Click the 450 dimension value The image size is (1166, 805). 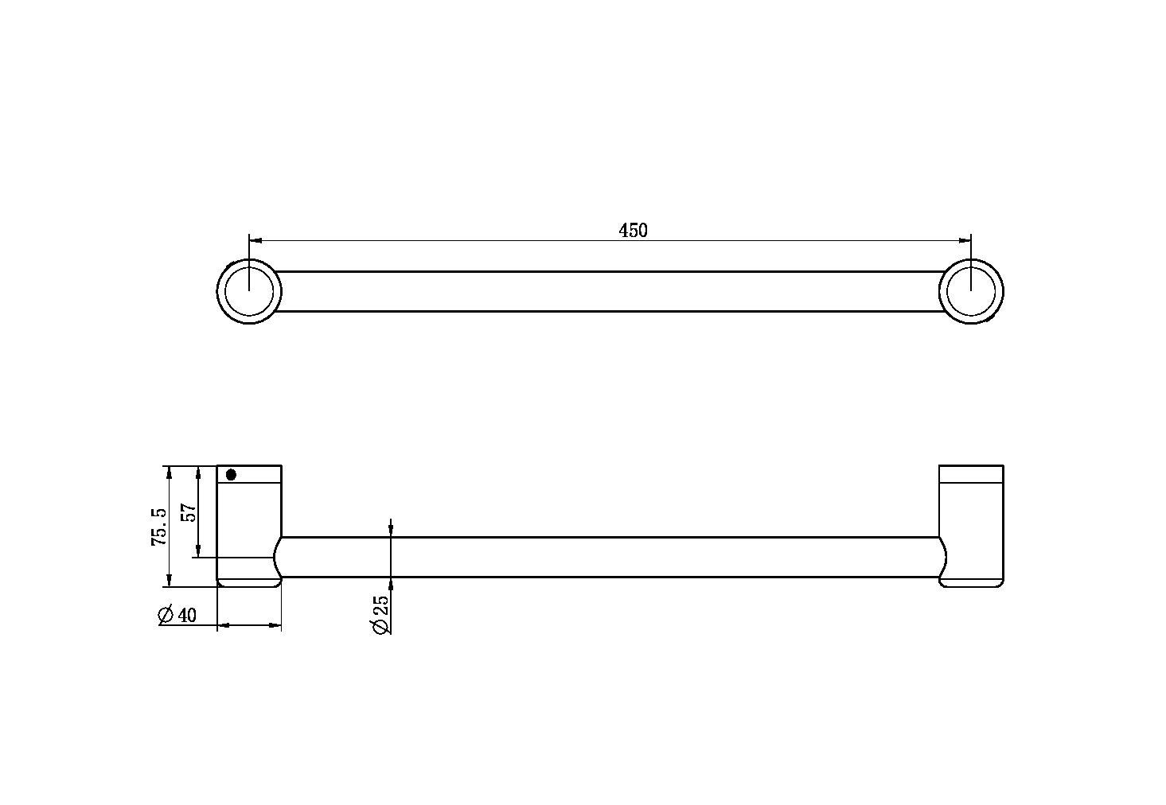tap(633, 231)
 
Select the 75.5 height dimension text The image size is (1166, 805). tap(159, 526)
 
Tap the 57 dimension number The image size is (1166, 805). tap(189, 511)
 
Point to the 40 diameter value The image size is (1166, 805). tap(187, 615)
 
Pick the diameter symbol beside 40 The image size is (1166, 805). tap(166, 615)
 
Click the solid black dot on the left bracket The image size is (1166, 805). tap(231, 475)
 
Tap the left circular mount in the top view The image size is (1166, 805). tap(249, 291)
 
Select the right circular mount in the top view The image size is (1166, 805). tap(971, 291)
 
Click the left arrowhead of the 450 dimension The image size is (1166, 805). tap(255, 239)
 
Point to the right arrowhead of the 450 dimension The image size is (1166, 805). tap(965, 239)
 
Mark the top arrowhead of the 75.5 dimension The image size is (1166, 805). tap(168, 471)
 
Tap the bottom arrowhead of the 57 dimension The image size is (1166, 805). tap(198, 552)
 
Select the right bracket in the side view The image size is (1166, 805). tap(971, 525)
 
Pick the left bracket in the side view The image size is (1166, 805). tap(249, 525)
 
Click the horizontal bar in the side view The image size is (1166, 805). tap(610, 557)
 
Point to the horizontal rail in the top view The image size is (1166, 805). tap(609, 291)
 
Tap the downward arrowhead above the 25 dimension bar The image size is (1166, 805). tap(391, 531)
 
